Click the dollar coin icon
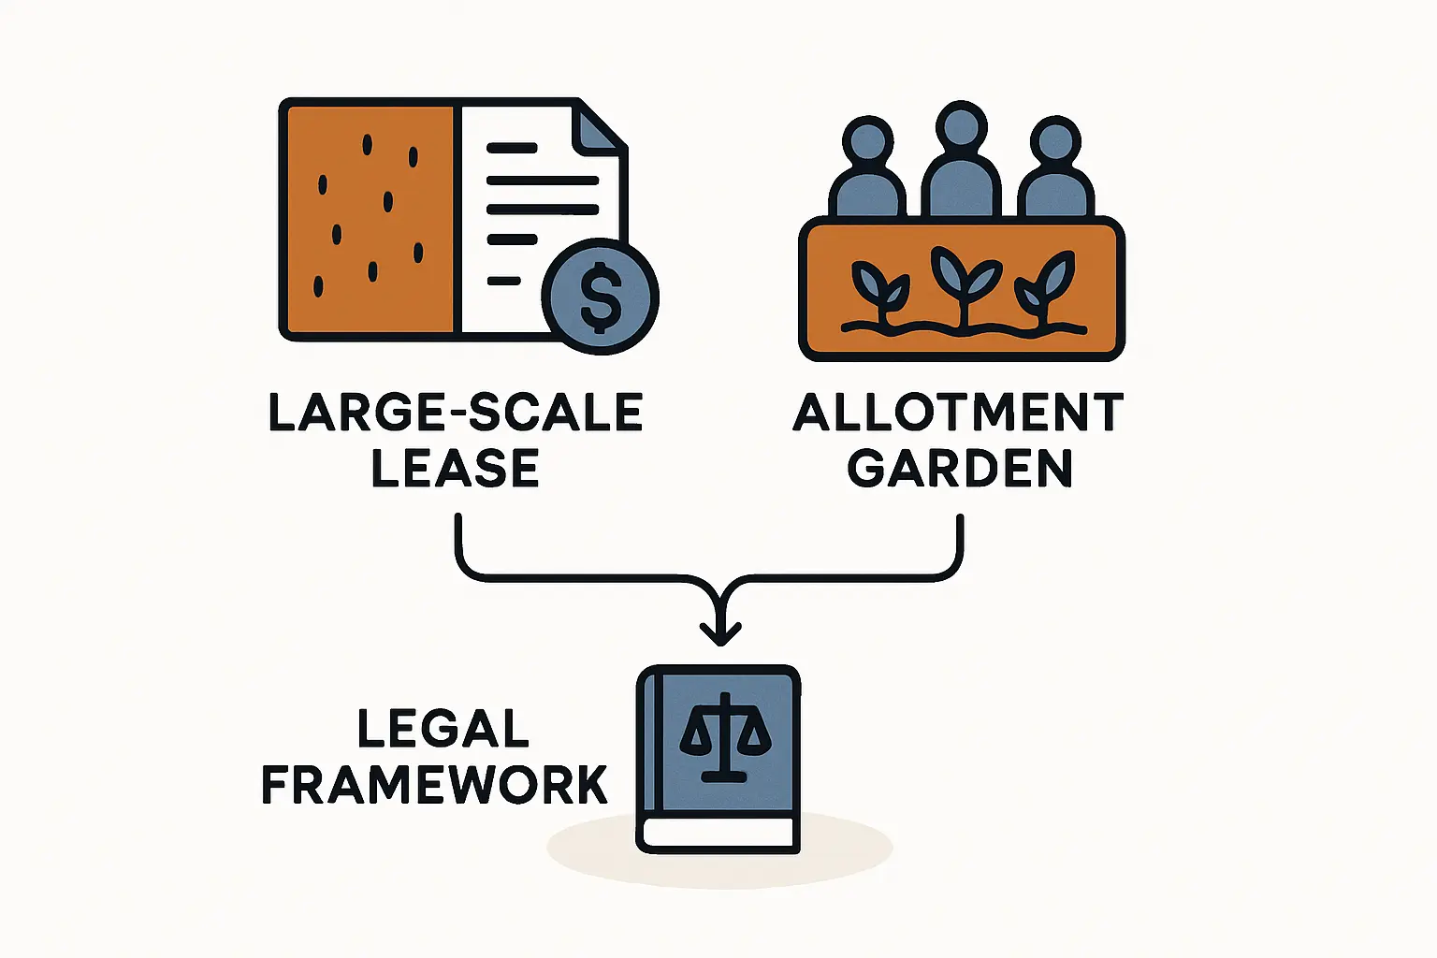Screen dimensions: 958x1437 (601, 297)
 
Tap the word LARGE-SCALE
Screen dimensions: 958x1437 (456, 413)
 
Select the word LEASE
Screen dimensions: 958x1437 (456, 469)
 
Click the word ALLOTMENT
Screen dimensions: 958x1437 (958, 413)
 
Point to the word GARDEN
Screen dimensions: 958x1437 (960, 469)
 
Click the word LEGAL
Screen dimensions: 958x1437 (443, 729)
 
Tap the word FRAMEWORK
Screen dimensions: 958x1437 (435, 785)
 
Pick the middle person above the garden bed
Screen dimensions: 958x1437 (961, 164)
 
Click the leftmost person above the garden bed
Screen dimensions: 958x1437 (867, 173)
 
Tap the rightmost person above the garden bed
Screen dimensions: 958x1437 (1055, 173)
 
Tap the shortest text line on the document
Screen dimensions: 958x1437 (503, 281)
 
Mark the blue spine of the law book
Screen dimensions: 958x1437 (648, 748)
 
